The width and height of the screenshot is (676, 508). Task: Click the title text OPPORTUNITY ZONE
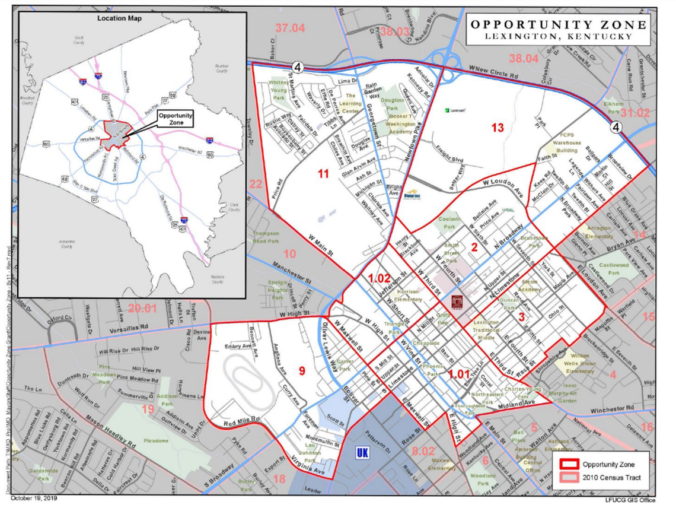point(558,24)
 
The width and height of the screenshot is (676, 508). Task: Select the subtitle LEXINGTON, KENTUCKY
point(558,37)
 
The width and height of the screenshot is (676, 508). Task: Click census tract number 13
point(497,128)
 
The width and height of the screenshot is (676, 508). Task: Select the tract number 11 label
point(323,174)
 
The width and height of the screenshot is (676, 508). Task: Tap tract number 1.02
point(379,278)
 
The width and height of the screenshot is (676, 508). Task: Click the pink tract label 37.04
point(289,27)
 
